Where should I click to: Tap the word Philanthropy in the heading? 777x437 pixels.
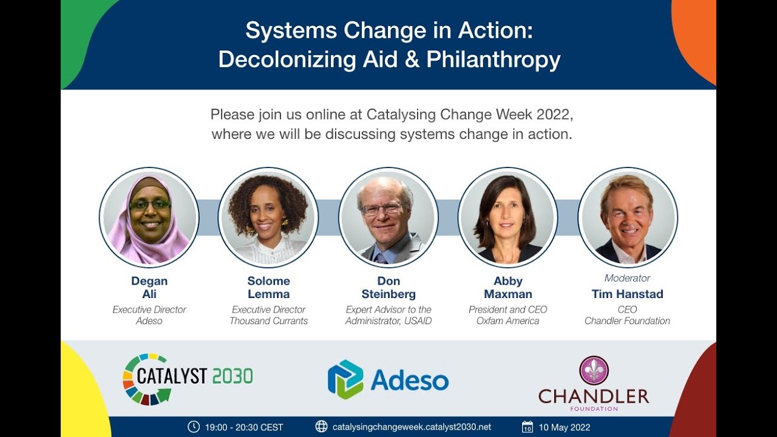(493, 59)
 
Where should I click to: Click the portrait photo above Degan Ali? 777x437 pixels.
(149, 217)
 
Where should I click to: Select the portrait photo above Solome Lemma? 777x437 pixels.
(268, 217)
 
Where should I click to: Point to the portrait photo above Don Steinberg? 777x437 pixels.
(388, 217)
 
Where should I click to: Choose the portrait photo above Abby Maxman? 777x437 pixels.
(508, 217)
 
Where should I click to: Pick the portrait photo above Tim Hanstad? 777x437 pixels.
(628, 217)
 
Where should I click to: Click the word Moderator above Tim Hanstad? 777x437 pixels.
(627, 278)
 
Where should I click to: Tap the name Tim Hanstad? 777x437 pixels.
(627, 294)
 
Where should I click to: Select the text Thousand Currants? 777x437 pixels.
(268, 321)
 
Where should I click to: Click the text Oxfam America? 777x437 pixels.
(507, 321)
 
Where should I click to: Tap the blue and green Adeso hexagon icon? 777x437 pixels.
(345, 379)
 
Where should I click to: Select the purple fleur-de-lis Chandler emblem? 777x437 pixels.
(594, 370)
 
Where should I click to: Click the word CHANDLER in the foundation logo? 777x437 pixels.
(594, 397)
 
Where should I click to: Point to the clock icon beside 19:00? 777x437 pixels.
(194, 427)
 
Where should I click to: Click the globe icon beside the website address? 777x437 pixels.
(322, 427)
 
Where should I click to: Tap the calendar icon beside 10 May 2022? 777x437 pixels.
(528, 427)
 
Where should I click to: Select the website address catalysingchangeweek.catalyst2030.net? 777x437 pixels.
(412, 427)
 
